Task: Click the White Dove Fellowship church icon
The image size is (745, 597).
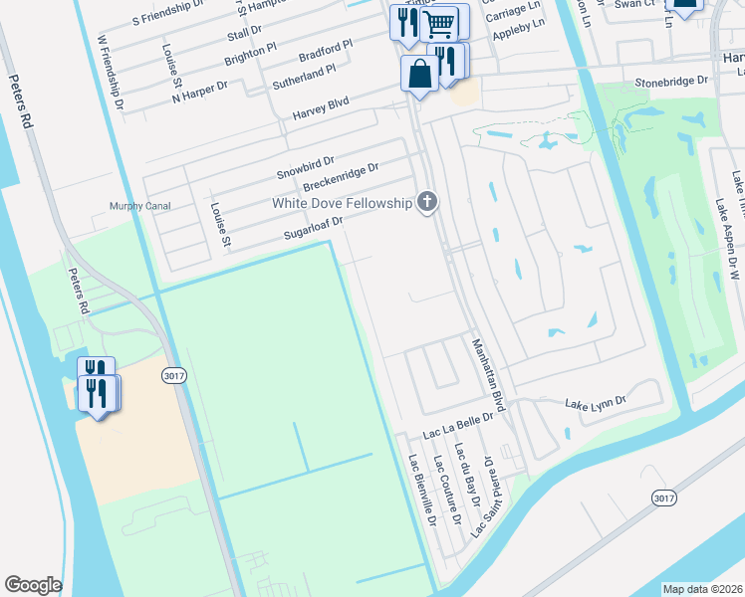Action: pyautogui.click(x=427, y=203)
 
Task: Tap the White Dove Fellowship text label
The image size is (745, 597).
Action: pyautogui.click(x=343, y=203)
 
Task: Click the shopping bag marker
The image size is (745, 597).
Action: pyautogui.click(x=419, y=74)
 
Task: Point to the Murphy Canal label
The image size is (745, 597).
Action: pyautogui.click(x=139, y=207)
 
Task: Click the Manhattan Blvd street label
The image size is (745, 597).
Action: pyautogui.click(x=489, y=375)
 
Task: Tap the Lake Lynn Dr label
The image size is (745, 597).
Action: pyautogui.click(x=595, y=403)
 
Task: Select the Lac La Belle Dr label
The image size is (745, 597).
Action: pyautogui.click(x=458, y=427)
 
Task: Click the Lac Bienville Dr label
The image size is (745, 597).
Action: pyautogui.click(x=423, y=490)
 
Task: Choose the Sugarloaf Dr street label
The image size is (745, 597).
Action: pyautogui.click(x=313, y=230)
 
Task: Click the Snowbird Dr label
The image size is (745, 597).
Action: pyautogui.click(x=305, y=166)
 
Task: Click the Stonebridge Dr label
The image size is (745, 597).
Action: pyautogui.click(x=671, y=81)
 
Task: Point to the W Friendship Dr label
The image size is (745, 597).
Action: pyautogui.click(x=110, y=72)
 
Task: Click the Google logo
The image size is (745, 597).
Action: pyautogui.click(x=33, y=585)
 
